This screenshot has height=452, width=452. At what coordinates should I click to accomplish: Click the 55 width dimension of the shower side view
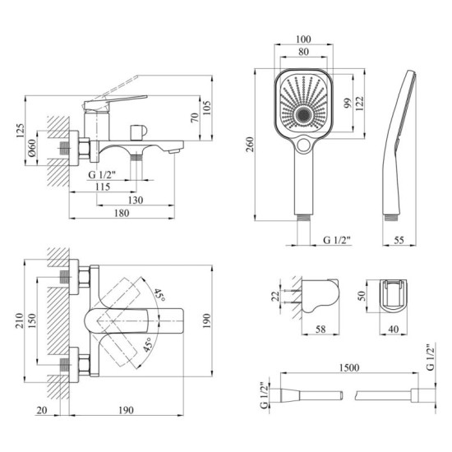pyautogui.click(x=399, y=240)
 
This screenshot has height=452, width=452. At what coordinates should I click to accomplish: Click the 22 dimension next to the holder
pyautogui.click(x=274, y=297)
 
